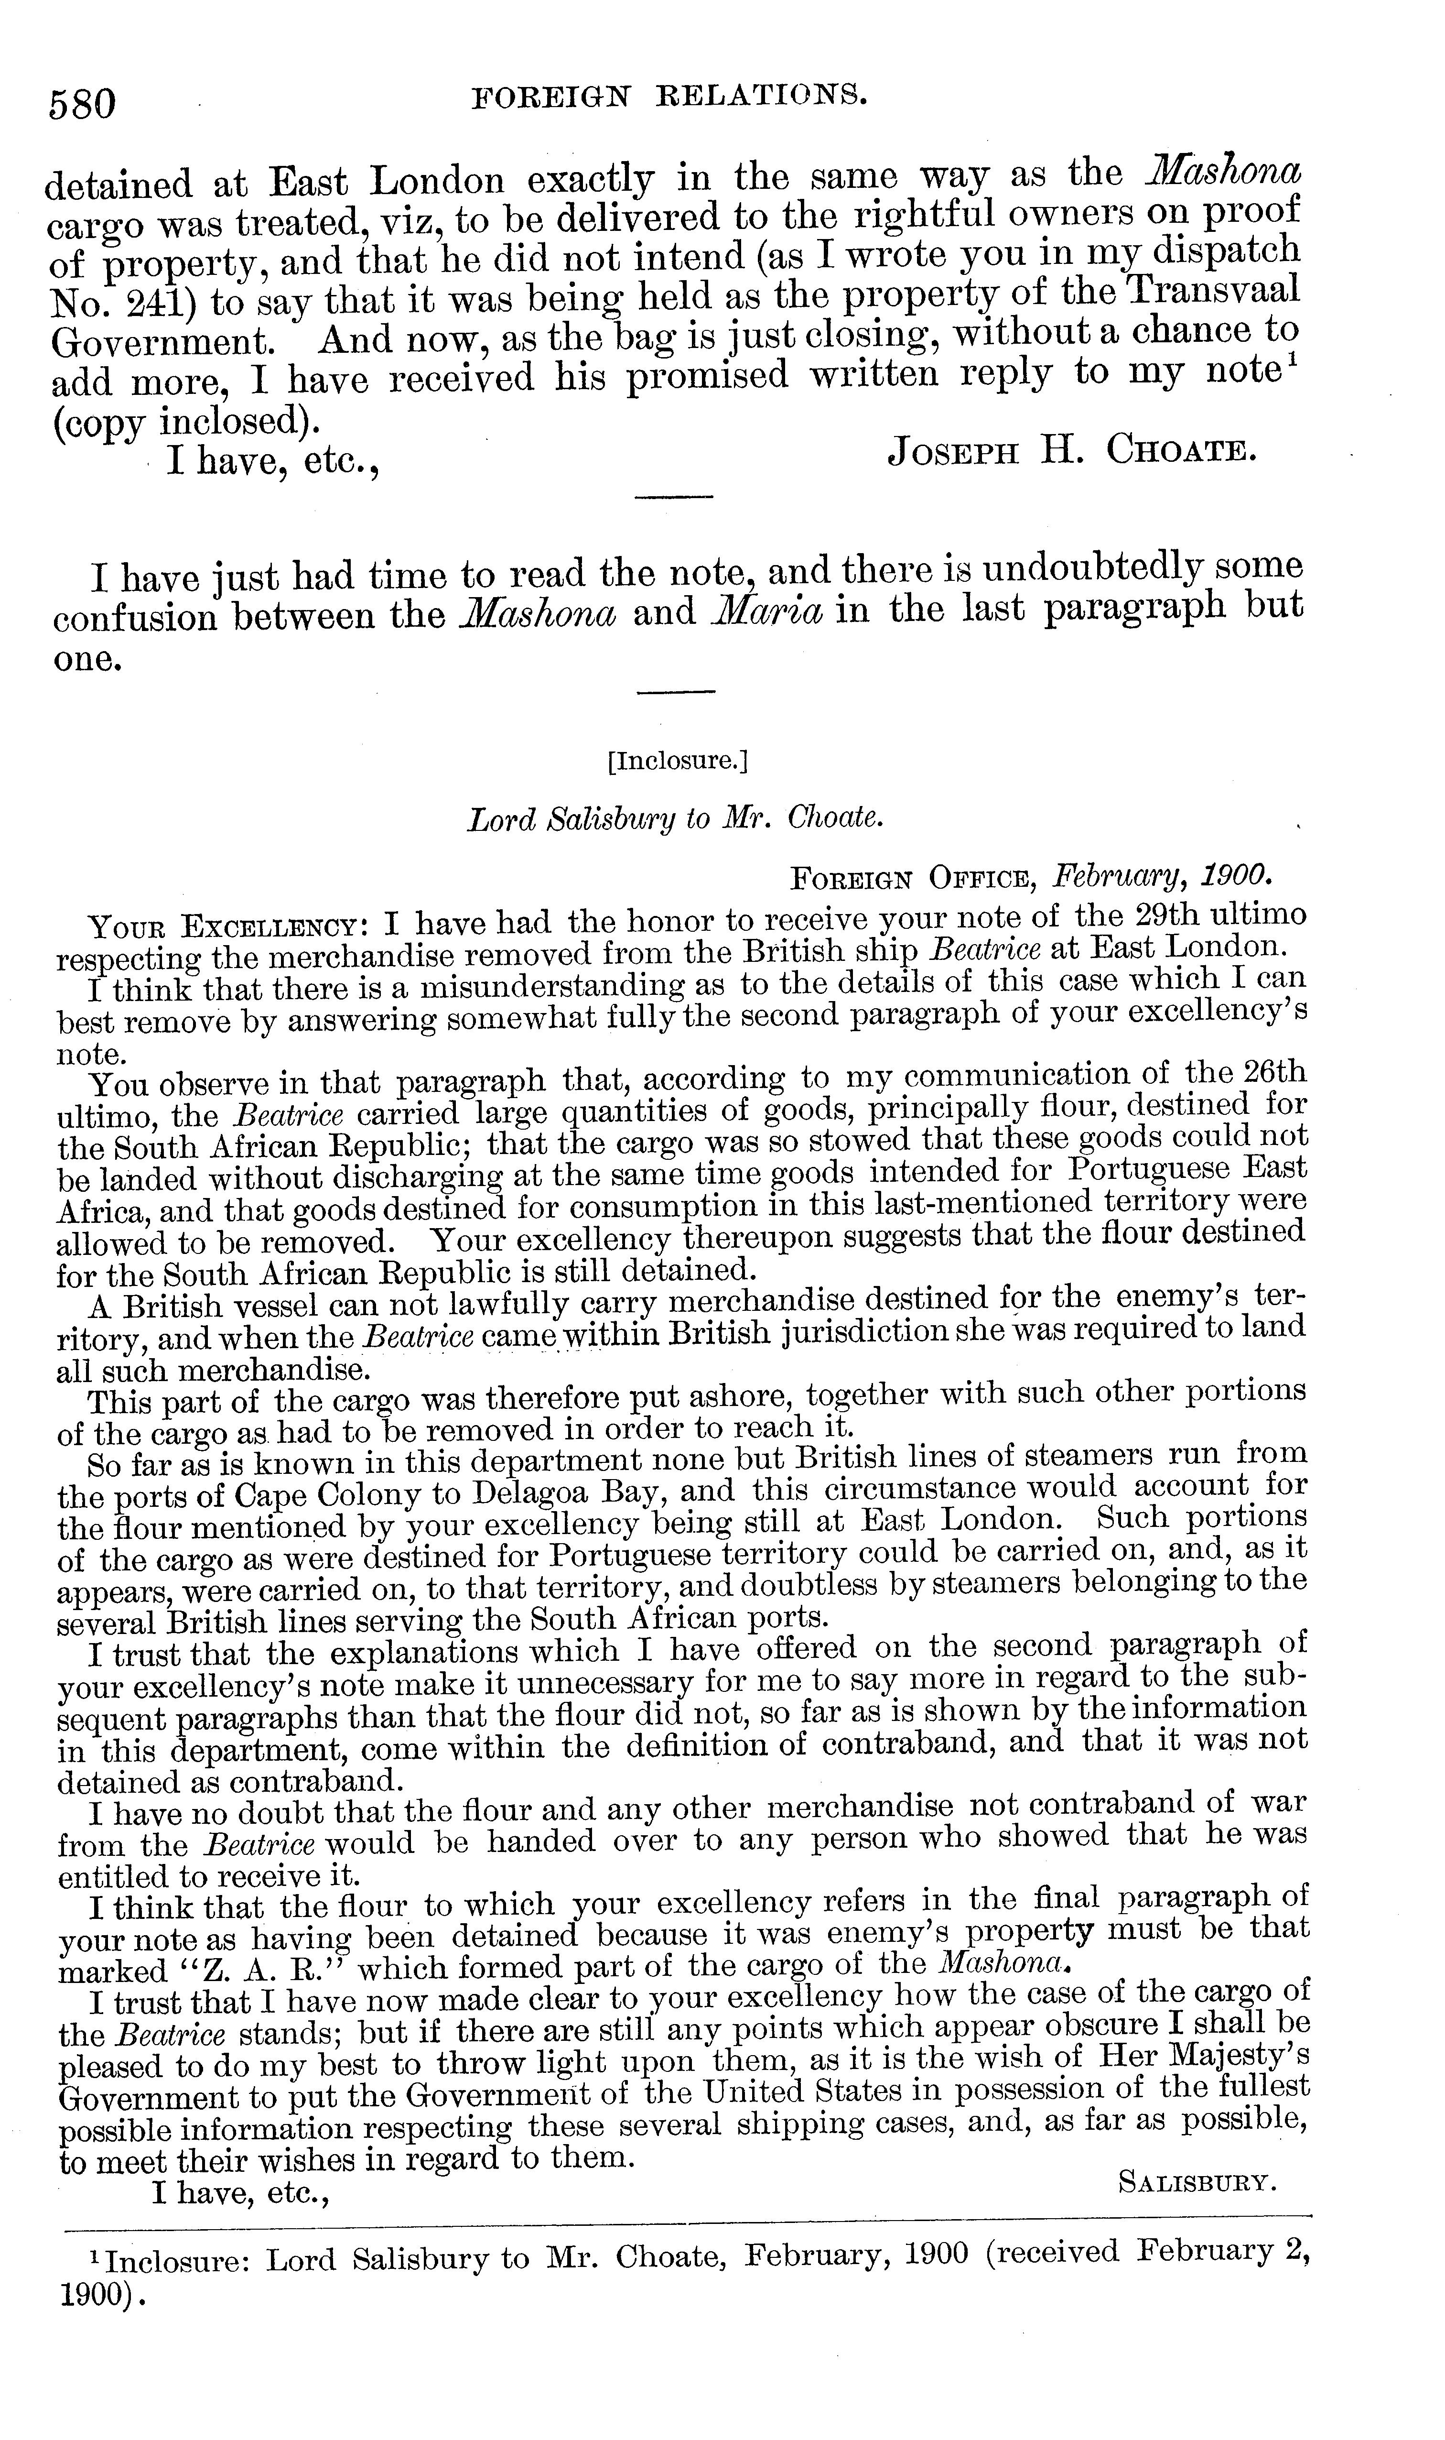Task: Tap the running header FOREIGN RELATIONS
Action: (x=669, y=95)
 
